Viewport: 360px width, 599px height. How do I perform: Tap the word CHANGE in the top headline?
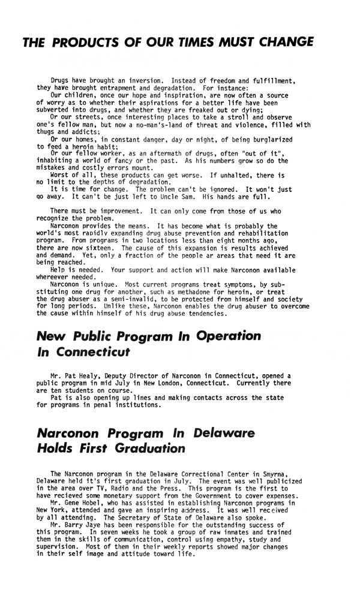[x=282, y=42]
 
